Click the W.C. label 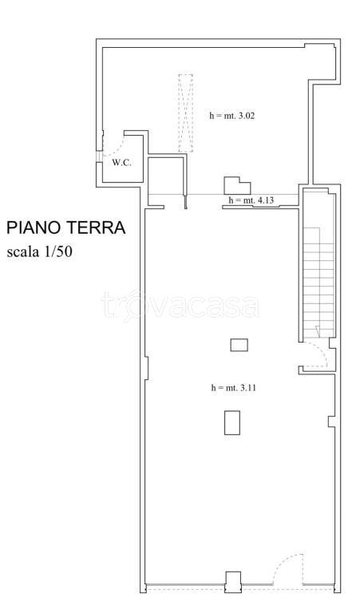(x=121, y=163)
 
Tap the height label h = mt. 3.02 (x=231, y=115)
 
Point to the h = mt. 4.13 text (x=251, y=200)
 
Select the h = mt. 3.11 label (x=232, y=387)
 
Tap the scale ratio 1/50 (x=67, y=253)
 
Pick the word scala (x=26, y=253)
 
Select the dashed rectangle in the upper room (x=185, y=113)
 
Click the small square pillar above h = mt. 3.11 (x=239, y=345)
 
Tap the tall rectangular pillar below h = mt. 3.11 (x=232, y=422)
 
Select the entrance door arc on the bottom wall (x=286, y=570)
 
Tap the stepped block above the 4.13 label (x=234, y=185)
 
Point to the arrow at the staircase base (x=317, y=330)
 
